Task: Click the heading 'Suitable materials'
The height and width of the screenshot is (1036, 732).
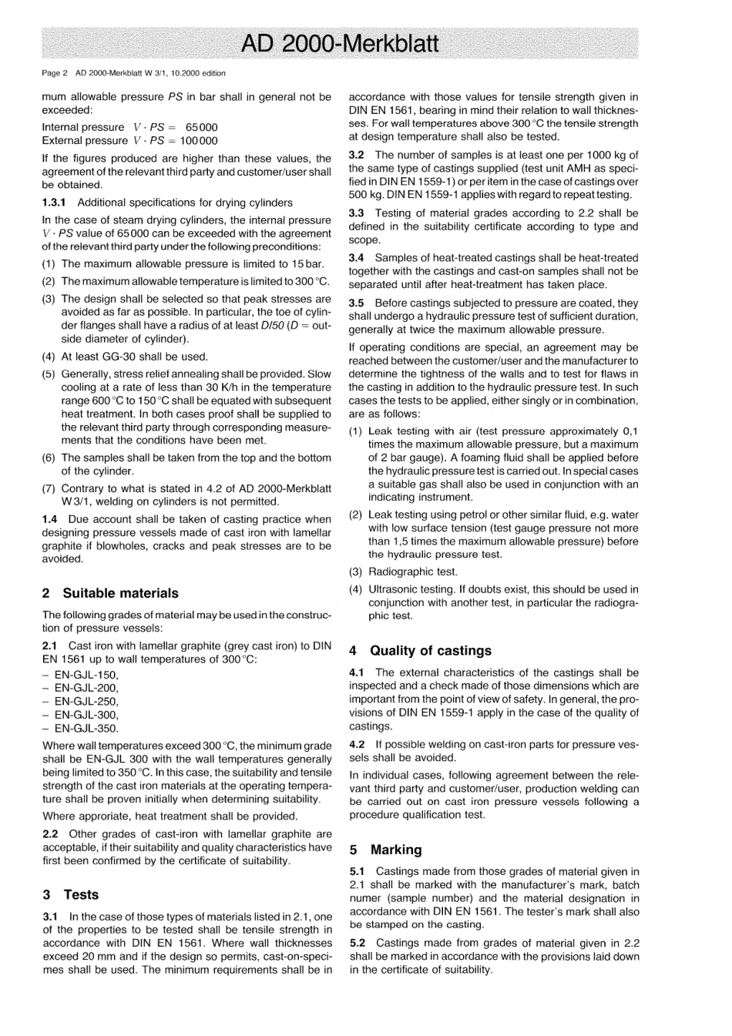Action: click(119, 593)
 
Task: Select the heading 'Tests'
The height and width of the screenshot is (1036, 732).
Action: click(81, 894)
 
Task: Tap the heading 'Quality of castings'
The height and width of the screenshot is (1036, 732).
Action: click(430, 650)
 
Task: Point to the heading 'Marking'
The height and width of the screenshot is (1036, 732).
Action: click(396, 850)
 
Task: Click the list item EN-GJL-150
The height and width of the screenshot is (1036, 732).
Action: click(86, 675)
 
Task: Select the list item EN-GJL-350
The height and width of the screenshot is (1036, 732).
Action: click(86, 728)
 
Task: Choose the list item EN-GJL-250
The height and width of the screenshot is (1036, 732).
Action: click(86, 701)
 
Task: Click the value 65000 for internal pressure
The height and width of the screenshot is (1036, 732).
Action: click(202, 127)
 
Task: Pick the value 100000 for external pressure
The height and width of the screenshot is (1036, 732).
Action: click(198, 140)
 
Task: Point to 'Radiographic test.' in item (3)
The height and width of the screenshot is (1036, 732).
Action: click(412, 572)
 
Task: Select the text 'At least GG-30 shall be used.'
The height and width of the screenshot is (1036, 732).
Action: click(134, 357)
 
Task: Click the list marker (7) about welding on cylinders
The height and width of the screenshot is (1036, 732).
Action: click(49, 488)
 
